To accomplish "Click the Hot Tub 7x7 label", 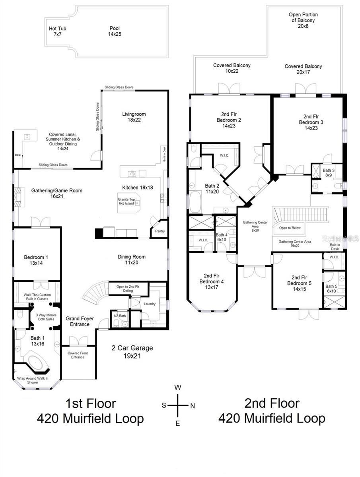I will tap(57, 31).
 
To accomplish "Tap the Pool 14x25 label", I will tap(115, 31).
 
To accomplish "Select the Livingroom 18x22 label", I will tap(134, 117).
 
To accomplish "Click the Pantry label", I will tap(160, 231).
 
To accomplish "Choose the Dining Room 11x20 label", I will tap(132, 260).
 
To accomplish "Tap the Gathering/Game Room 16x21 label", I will tap(57, 193).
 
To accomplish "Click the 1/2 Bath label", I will tap(119, 316).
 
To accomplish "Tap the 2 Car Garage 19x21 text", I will tap(132, 352).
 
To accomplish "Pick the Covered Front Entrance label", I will tap(78, 355).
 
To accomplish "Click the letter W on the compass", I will tap(178, 387).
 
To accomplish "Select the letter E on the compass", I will tap(178, 423).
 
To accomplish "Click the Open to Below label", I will tap(290, 228).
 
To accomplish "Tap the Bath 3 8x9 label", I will tap(328, 173).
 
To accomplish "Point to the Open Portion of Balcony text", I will tap(303, 20).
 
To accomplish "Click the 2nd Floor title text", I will tap(271, 403).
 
